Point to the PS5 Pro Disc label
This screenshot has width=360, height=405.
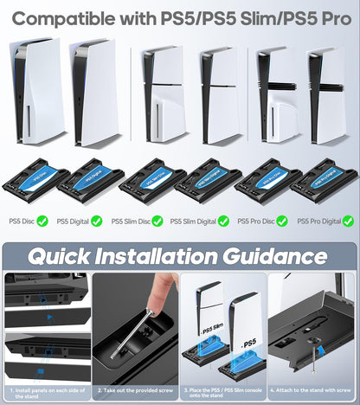click(255, 222)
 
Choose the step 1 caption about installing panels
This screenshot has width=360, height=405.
click(45, 392)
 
